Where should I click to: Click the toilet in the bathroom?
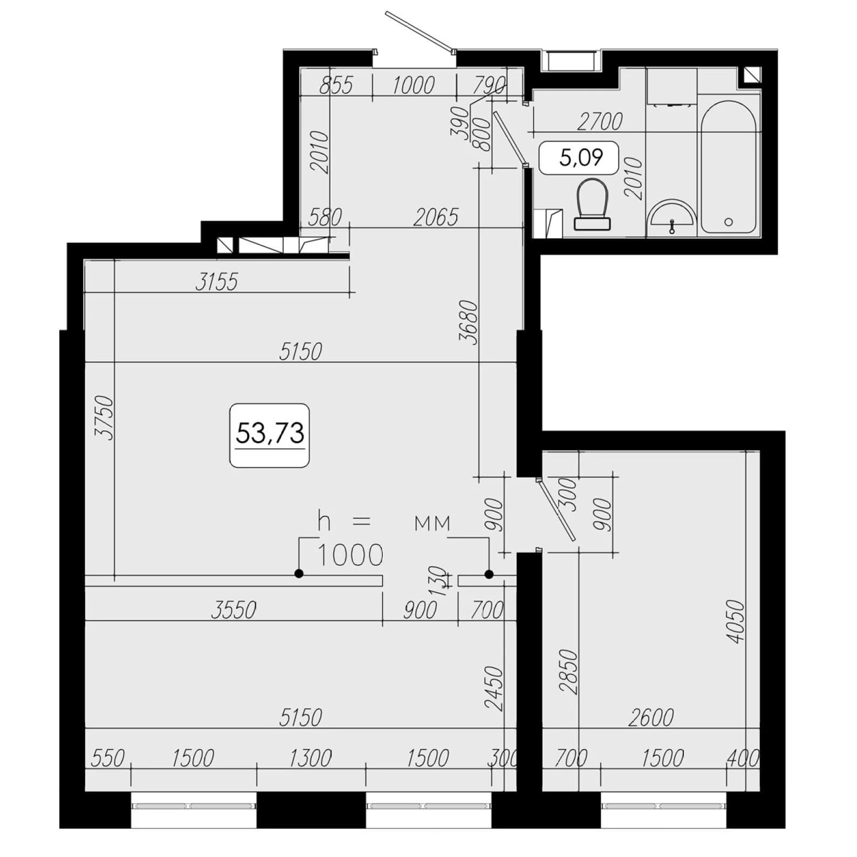pyautogui.click(x=592, y=205)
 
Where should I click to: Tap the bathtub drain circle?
pyautogui.click(x=729, y=222)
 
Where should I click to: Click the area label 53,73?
pyautogui.click(x=270, y=434)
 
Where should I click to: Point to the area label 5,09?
pyautogui.click(x=580, y=157)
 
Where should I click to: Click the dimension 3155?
pyautogui.click(x=216, y=282)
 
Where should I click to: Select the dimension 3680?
pyautogui.click(x=468, y=321)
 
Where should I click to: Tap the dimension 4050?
pyautogui.click(x=736, y=621)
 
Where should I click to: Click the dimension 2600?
pyautogui.click(x=651, y=717)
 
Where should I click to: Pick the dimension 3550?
pyautogui.click(x=234, y=610)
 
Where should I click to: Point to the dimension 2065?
pyautogui.click(x=436, y=217)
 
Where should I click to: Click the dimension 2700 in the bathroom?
pyautogui.click(x=600, y=122)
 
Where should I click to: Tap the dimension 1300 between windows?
pyautogui.click(x=310, y=758)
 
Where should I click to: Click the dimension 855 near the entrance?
pyautogui.click(x=336, y=85)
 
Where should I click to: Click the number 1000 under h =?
pyautogui.click(x=351, y=555)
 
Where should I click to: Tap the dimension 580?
pyautogui.click(x=325, y=217)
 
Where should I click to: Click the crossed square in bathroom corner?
pyautogui.click(x=752, y=74)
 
